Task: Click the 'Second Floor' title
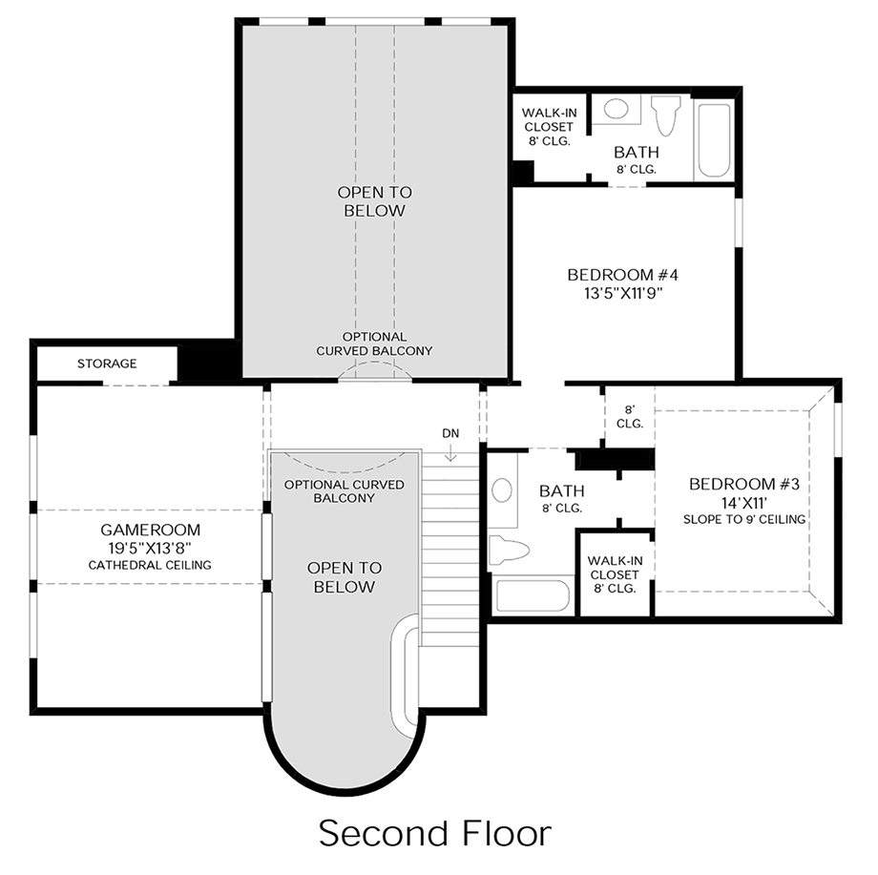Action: pyautogui.click(x=434, y=832)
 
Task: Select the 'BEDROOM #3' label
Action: pyautogui.click(x=743, y=485)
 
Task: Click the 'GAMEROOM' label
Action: pyautogui.click(x=150, y=530)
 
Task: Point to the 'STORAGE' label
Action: pyautogui.click(x=107, y=364)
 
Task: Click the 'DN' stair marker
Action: pyautogui.click(x=450, y=433)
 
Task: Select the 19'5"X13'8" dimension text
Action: pyautogui.click(x=150, y=548)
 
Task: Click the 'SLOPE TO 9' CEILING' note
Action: pyautogui.click(x=744, y=519)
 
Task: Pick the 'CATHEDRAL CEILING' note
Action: pyautogui.click(x=150, y=565)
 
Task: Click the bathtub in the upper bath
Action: pyautogui.click(x=714, y=139)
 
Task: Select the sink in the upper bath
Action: pyautogui.click(x=617, y=109)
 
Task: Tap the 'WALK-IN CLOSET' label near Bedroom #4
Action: pyautogui.click(x=548, y=127)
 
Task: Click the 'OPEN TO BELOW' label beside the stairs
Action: pyautogui.click(x=341, y=577)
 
